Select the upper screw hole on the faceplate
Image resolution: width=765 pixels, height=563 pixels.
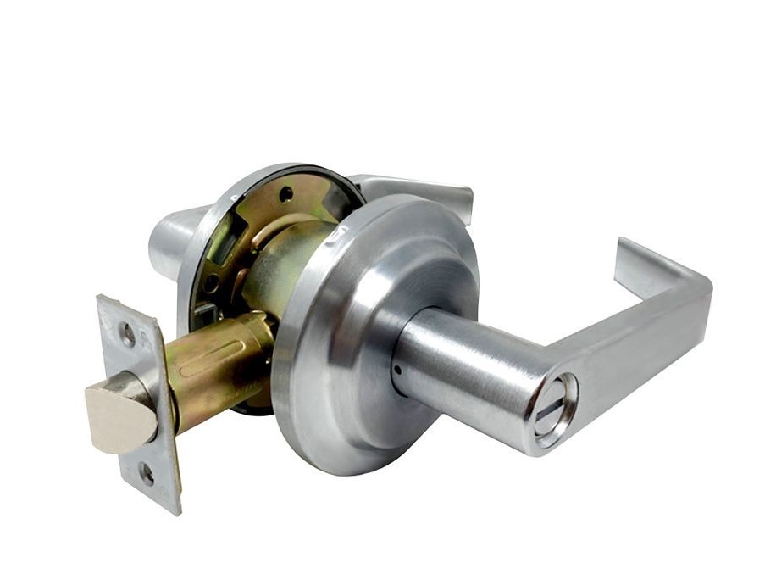click(128, 334)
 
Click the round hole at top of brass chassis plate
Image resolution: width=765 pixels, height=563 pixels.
click(286, 194)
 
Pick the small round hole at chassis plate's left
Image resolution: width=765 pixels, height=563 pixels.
click(209, 284)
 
